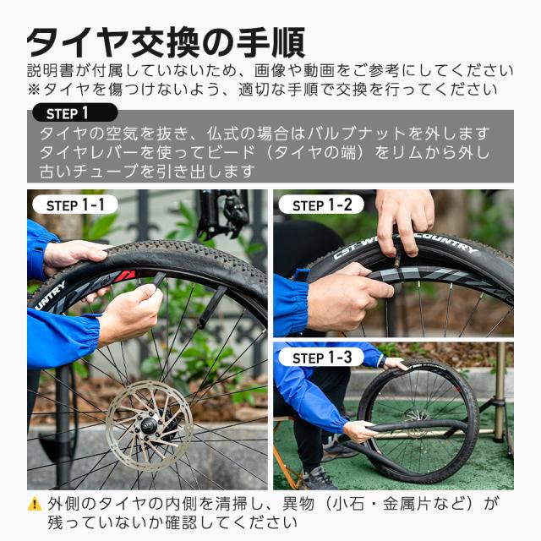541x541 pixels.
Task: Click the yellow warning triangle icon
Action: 35,505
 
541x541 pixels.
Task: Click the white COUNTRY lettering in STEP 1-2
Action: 449,242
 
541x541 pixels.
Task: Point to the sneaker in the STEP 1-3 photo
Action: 320,478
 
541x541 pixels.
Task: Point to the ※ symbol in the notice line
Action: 35,89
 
